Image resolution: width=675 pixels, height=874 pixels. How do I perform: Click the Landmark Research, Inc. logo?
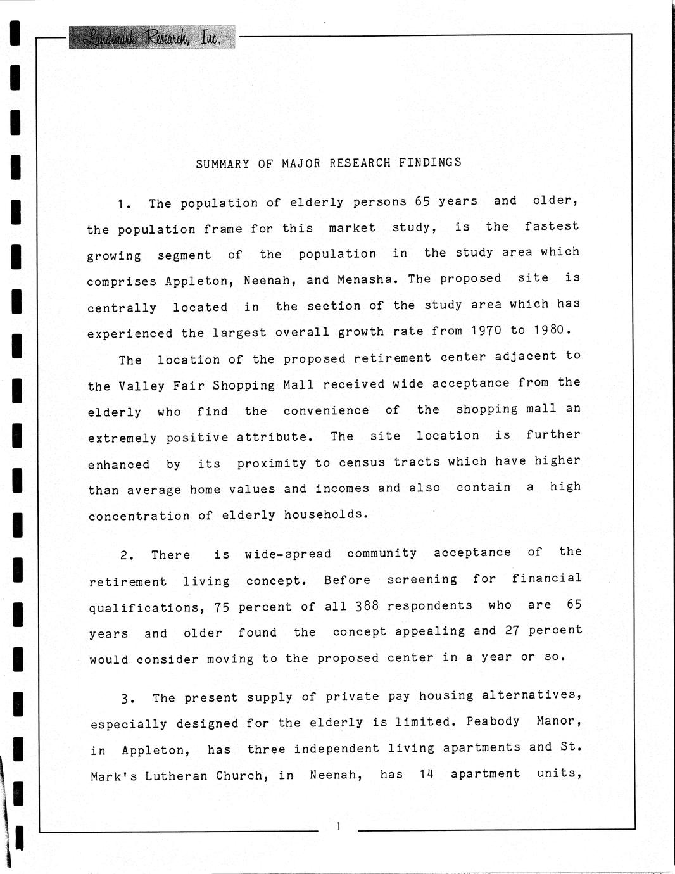click(x=151, y=38)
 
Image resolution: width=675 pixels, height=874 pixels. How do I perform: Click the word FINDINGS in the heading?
click(x=430, y=162)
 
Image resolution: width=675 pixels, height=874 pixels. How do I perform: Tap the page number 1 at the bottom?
click(x=339, y=826)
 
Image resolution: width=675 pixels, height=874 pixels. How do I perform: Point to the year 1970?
click(x=486, y=331)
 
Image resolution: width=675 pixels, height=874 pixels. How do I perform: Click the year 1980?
click(x=552, y=330)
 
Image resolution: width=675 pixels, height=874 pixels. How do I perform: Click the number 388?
click(x=367, y=606)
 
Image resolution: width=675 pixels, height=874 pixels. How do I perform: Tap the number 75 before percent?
click(x=222, y=607)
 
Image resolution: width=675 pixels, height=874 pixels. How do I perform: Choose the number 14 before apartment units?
click(x=426, y=774)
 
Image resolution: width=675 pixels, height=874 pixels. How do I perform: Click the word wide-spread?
click(x=287, y=554)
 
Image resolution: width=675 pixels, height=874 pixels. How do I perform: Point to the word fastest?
click(x=552, y=226)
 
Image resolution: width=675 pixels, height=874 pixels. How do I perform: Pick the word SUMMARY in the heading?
click(x=222, y=164)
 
